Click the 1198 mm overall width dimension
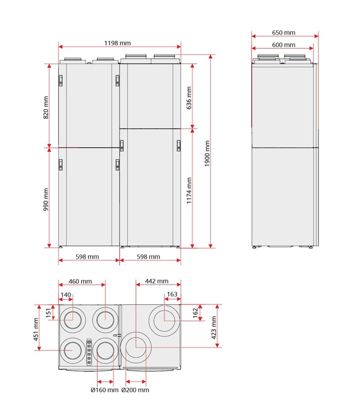[119, 43]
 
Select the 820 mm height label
[46, 107]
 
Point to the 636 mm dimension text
[189, 98]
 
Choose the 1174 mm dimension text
[189, 191]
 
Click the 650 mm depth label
[283, 33]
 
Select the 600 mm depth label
[283, 45]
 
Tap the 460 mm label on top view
[80, 281]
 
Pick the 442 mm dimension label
[157, 281]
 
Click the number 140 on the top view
[66, 294]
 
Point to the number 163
[172, 294]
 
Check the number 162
[196, 312]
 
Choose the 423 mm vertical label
[214, 326]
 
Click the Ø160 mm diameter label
[104, 390]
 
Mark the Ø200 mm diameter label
[135, 390]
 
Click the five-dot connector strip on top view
[89, 352]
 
